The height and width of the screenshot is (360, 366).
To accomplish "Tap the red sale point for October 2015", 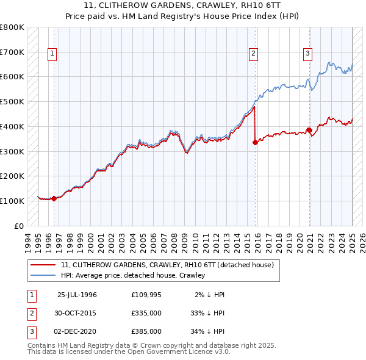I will (x=254, y=142).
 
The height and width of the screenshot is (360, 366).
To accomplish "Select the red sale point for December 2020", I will (x=309, y=129).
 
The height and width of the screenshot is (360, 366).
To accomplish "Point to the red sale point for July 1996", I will (x=54, y=198).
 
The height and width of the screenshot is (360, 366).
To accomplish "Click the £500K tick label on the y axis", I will (x=12, y=101).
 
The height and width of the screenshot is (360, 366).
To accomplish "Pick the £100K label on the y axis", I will (x=12, y=201).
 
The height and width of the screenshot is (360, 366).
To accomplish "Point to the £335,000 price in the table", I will (x=146, y=313).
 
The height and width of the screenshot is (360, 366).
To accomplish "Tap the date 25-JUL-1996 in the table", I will (x=77, y=295).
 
